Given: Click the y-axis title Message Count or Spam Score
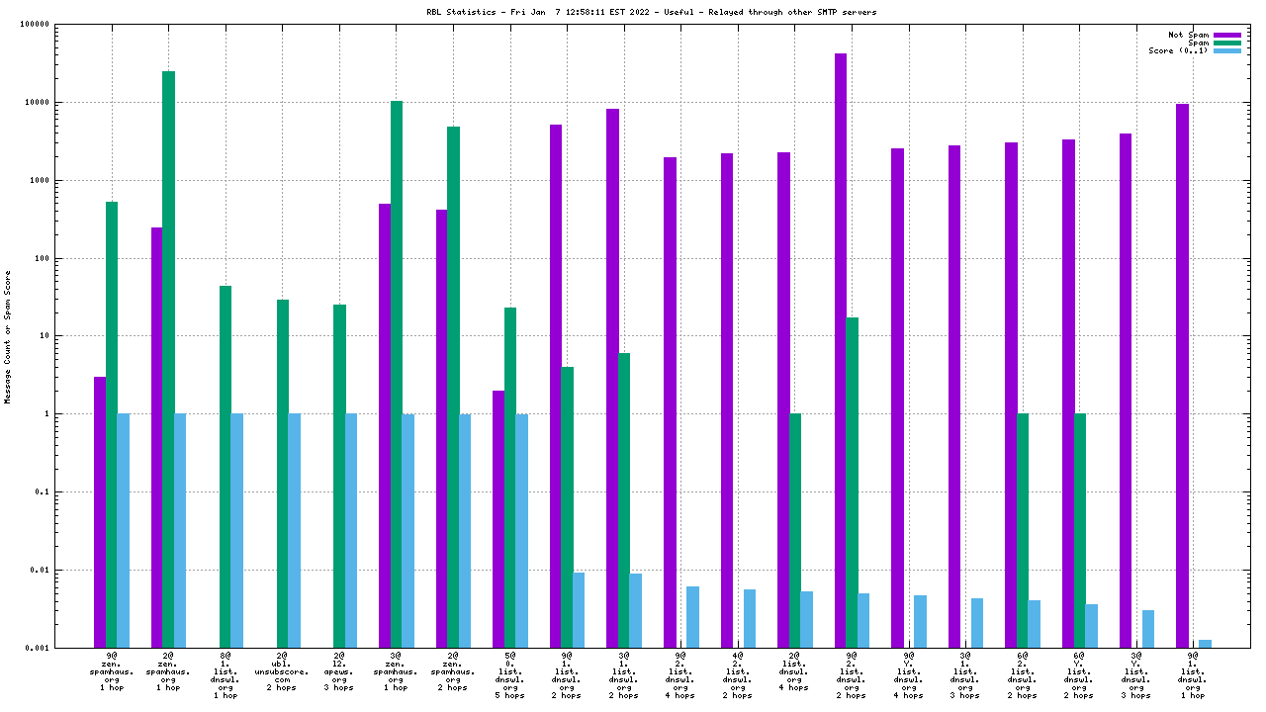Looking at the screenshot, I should (8, 336).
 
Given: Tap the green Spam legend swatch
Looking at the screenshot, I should (1226, 43).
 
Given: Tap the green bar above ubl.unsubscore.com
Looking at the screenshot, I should (283, 474).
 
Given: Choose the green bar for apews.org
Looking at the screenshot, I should (339, 476).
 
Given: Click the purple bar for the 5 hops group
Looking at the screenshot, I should (498, 519).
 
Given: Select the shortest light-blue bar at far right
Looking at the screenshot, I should (1205, 644).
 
